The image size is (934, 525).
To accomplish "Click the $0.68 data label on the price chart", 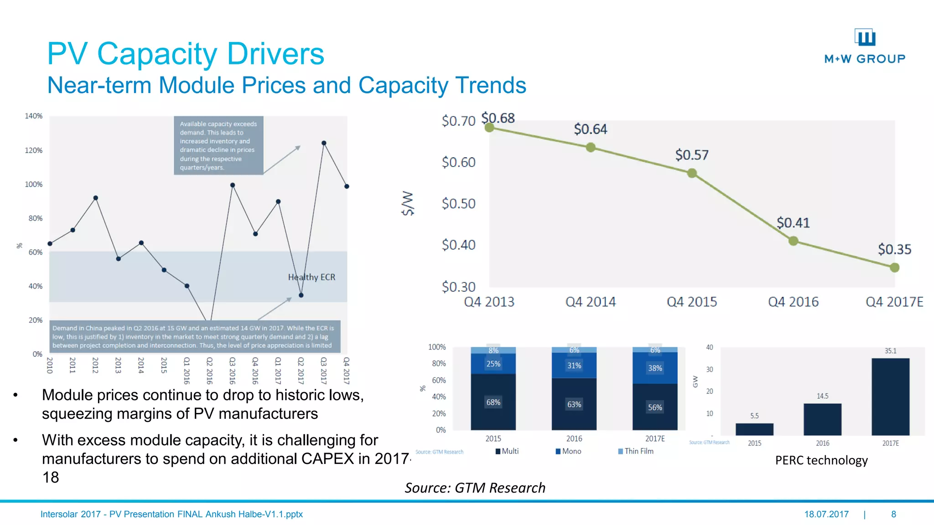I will click(x=498, y=118).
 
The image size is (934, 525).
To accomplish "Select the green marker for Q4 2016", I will click(x=793, y=241).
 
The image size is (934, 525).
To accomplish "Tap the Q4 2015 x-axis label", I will click(x=691, y=302).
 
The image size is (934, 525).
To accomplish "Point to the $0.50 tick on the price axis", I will click(x=458, y=203).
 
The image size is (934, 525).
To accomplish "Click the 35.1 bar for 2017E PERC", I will click(x=890, y=396).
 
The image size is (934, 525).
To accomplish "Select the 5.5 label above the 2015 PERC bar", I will click(x=754, y=416).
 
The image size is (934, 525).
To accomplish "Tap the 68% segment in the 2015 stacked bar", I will click(x=493, y=402).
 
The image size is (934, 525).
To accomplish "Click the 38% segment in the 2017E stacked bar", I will click(x=655, y=368).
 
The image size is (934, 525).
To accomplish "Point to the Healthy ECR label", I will click(x=311, y=277).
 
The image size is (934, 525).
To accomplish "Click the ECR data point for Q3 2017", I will click(x=324, y=143).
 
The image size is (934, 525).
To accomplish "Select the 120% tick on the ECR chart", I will click(x=34, y=150).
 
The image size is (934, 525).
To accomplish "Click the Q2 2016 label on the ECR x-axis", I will click(x=209, y=371).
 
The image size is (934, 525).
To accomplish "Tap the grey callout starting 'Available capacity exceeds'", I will click(x=218, y=145).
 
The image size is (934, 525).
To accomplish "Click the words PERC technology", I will click(x=821, y=460).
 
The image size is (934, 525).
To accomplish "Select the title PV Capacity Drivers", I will click(x=186, y=54).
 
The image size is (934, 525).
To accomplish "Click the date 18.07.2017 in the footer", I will click(x=826, y=514).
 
